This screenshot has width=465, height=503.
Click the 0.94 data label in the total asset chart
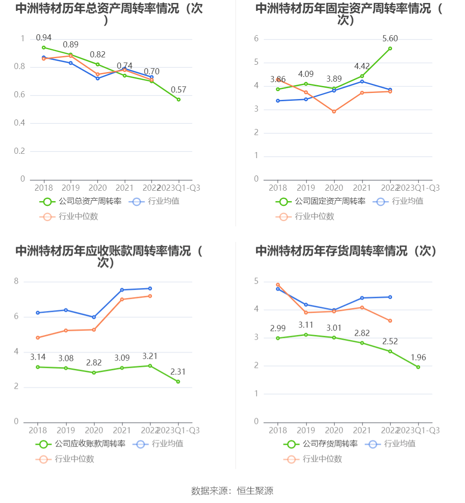click(x=43, y=38)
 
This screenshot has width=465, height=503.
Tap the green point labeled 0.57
click(x=178, y=99)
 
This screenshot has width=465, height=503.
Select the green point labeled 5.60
click(x=390, y=49)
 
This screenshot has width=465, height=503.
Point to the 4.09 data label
click(x=306, y=74)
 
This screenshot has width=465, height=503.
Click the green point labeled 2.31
click(x=178, y=382)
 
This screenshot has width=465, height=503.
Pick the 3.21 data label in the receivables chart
click(x=150, y=356)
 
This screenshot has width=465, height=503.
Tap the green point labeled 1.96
click(x=418, y=367)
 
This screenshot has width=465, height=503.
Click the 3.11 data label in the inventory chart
click(x=306, y=325)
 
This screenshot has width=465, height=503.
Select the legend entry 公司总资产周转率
click(x=81, y=202)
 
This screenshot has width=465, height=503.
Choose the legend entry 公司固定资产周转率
click(x=320, y=202)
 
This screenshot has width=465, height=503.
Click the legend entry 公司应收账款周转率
click(x=81, y=444)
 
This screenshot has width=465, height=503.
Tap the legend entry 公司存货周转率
click(x=320, y=444)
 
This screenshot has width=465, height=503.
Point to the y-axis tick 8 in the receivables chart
click(x=16, y=281)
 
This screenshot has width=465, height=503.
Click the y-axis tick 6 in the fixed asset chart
click(x=257, y=39)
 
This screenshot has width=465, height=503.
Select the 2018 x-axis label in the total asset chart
click(x=43, y=188)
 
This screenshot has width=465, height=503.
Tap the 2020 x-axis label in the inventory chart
click(x=334, y=430)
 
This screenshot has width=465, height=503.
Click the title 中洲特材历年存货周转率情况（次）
click(x=346, y=251)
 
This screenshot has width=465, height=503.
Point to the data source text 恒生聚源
click(x=255, y=491)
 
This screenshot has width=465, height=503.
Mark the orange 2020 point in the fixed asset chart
click(x=334, y=112)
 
